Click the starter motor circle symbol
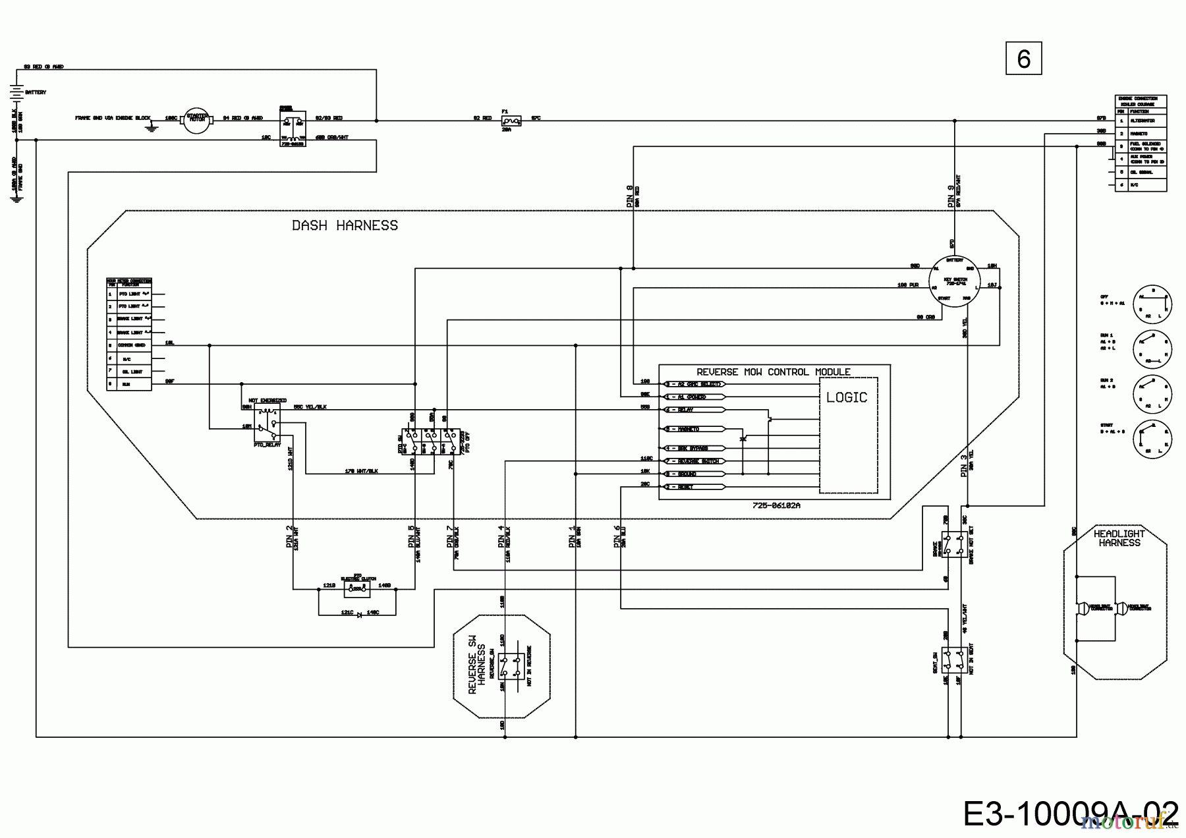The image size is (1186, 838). [x=195, y=120]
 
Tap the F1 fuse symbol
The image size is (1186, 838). [x=510, y=121]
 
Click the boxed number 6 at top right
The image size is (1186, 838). [x=1023, y=59]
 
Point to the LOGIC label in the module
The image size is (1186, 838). [x=847, y=397]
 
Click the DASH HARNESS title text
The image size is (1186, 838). [x=345, y=225]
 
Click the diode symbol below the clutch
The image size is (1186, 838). [x=358, y=614]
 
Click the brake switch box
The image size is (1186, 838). [x=955, y=544]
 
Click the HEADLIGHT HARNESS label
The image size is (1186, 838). [x=1119, y=538]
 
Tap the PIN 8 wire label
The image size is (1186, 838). [x=629, y=196]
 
